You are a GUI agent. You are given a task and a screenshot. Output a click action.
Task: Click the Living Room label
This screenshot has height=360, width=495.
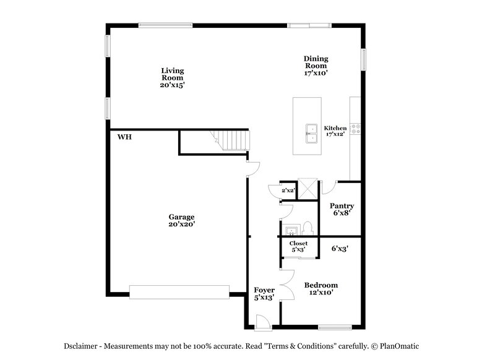point(172,78)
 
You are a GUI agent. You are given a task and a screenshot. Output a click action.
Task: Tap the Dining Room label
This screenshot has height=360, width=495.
point(315,65)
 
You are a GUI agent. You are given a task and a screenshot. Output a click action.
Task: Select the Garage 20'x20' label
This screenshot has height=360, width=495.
point(181,221)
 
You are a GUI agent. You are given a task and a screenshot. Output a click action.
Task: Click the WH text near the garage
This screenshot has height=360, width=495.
point(124,137)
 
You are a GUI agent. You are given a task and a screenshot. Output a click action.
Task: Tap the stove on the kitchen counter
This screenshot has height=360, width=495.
point(356,129)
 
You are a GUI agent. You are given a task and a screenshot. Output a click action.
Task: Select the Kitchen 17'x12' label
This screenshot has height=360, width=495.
point(335,131)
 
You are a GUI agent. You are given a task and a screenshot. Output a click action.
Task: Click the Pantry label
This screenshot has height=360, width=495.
point(341,209)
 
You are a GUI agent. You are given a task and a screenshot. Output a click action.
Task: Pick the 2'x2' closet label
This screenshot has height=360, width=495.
point(288,191)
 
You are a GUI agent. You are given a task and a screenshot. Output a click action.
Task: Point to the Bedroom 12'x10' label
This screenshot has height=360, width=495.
point(321,289)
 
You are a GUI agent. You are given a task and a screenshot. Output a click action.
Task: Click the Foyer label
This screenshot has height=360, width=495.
point(264,293)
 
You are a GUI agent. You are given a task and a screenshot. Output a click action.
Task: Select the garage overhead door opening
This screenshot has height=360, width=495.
point(179,291)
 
